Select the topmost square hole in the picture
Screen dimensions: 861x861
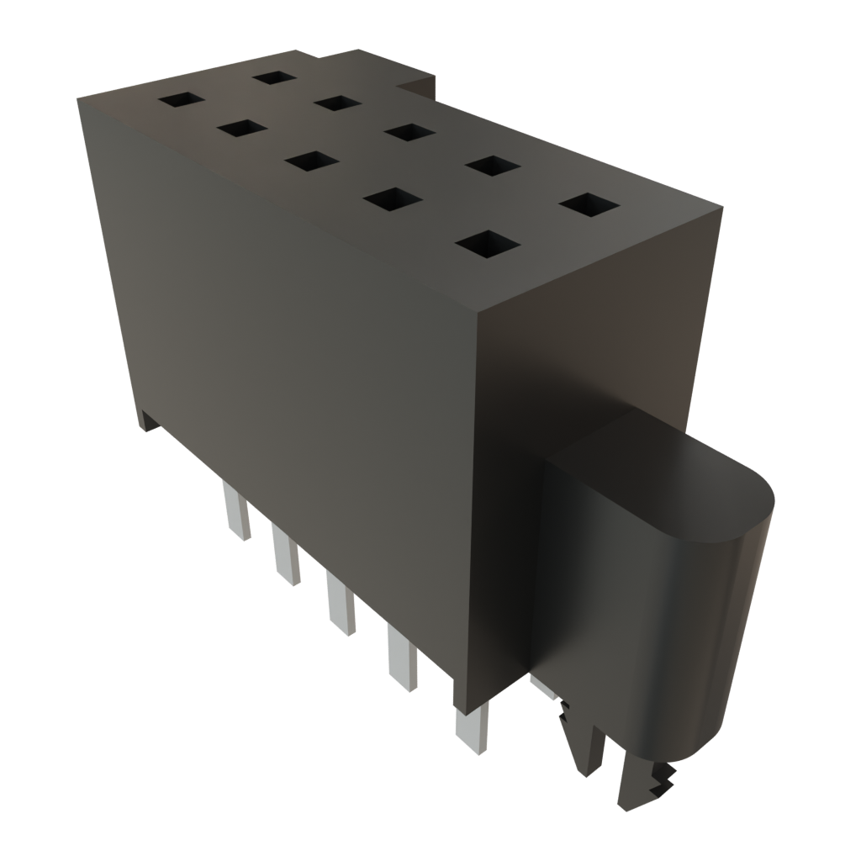pos(273,77)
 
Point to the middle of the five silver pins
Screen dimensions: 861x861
pos(341,604)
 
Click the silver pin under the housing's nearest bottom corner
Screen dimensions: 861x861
pos(471,730)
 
